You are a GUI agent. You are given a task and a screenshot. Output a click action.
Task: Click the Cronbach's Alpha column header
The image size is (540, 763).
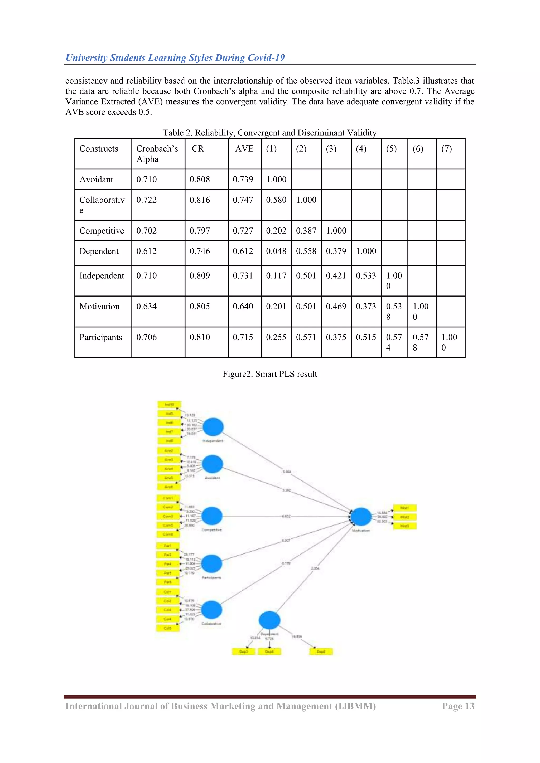tap(157, 154)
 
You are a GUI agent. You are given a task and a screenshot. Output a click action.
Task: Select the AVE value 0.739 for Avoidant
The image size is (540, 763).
tap(243, 179)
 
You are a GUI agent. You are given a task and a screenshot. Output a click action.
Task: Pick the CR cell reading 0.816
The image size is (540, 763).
tap(200, 200)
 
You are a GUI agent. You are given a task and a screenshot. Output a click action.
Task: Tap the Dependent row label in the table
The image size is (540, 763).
tap(99, 251)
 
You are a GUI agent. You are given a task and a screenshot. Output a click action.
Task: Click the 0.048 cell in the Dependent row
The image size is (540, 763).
tap(276, 251)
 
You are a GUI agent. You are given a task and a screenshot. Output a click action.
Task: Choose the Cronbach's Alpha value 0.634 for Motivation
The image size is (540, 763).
tap(146, 307)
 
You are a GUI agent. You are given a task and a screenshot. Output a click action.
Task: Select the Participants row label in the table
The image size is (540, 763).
tap(100, 337)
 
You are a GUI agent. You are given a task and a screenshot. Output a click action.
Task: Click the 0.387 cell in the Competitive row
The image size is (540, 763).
tap(306, 231)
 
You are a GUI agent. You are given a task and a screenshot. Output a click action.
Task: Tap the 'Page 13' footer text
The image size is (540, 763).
tap(458, 706)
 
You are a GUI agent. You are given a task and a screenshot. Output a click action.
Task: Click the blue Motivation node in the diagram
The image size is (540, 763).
tap(361, 517)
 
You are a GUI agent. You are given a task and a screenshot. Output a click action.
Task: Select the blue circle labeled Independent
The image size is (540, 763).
tap(213, 427)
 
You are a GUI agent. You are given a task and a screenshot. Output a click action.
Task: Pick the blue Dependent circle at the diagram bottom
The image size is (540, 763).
tap(269, 620)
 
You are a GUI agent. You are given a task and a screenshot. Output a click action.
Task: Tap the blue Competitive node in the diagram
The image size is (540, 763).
tap(212, 516)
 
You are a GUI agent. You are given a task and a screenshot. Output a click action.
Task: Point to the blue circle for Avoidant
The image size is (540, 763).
tap(213, 464)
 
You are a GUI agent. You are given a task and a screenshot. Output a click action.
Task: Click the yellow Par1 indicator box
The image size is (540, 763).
tap(168, 546)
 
